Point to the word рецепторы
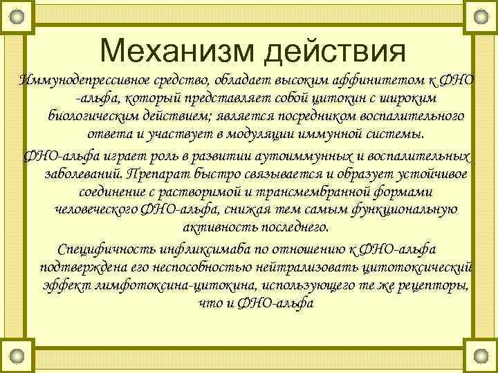[435, 285]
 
